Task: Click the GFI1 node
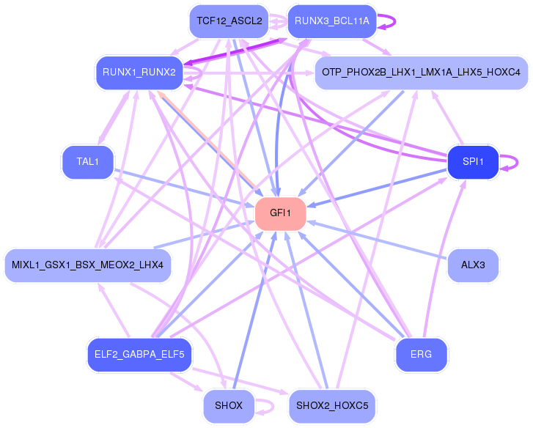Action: pos(280,213)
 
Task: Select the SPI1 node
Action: pos(473,162)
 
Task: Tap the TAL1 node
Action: pos(87,162)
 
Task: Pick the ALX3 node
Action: pos(473,265)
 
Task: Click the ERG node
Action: pos(421,355)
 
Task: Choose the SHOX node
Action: pos(228,405)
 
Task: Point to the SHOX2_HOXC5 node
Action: pos(332,405)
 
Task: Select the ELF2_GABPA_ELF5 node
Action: pos(139,355)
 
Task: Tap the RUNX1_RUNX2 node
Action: pos(139,72)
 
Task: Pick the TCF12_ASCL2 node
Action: pos(228,21)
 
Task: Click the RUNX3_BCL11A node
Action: pos(332,21)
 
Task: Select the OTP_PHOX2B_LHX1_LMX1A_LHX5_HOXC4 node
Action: pos(421,72)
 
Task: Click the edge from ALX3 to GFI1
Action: pos(377,239)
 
